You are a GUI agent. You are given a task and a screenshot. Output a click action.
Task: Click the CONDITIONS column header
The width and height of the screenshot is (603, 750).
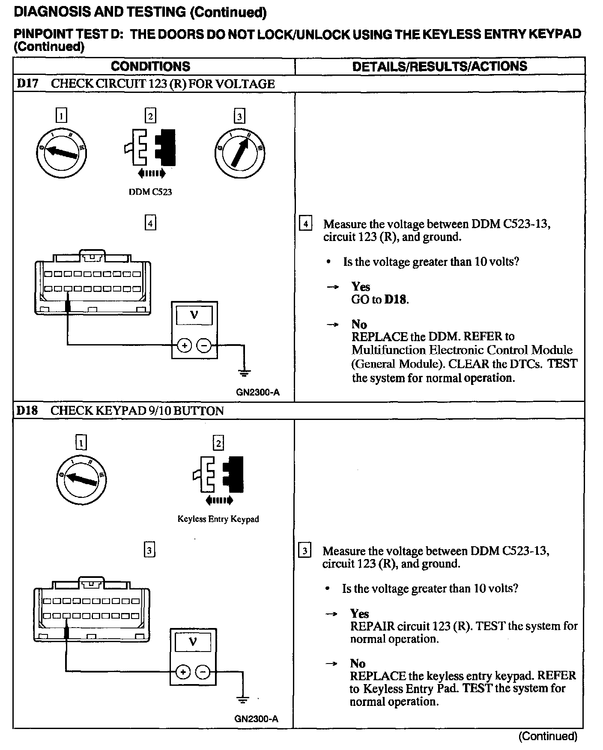tap(150, 66)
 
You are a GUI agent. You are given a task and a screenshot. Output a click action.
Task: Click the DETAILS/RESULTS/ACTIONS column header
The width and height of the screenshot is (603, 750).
tap(439, 66)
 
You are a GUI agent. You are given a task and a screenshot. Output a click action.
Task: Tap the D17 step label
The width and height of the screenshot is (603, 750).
tap(27, 83)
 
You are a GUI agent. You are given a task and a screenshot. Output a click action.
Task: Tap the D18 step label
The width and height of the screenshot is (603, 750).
tap(27, 411)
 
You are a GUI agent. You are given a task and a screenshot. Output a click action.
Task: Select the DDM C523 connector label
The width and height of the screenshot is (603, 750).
tap(150, 192)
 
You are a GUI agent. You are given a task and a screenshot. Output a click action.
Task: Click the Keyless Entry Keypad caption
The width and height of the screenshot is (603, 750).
tap(218, 519)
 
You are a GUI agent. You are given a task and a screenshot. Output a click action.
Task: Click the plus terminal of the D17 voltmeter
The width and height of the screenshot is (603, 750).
tap(184, 345)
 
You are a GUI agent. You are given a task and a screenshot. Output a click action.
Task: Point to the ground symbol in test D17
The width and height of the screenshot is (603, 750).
tap(244, 372)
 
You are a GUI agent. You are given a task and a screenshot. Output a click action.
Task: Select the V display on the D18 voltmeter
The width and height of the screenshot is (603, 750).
tap(194, 642)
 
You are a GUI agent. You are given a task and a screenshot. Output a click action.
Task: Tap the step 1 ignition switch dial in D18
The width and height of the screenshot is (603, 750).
tap(81, 480)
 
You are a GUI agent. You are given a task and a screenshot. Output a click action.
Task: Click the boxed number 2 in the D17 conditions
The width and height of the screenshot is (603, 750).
tap(150, 116)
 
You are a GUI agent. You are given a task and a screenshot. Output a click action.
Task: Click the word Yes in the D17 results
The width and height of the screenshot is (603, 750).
tap(361, 286)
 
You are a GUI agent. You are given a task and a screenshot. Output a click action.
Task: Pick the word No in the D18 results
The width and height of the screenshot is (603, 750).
tap(358, 664)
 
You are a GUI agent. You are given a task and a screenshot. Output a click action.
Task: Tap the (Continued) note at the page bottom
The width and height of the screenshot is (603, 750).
tap(548, 736)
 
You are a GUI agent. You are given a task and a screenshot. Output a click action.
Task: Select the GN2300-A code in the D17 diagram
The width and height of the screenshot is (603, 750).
tap(258, 392)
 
